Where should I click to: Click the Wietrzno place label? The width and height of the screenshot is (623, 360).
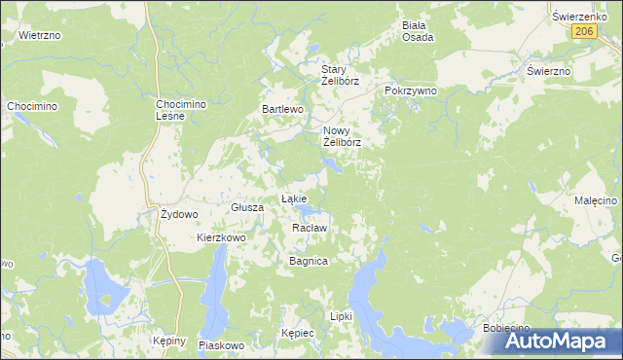click(x=40, y=35)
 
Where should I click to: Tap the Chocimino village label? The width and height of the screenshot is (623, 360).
click(x=31, y=105)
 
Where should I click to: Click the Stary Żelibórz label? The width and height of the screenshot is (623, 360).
click(x=341, y=75)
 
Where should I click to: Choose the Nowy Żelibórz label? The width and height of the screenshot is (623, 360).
click(x=342, y=136)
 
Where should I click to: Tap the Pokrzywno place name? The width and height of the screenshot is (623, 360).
click(x=411, y=90)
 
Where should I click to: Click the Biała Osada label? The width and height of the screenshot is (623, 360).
click(x=418, y=31)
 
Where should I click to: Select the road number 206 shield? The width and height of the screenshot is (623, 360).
click(x=583, y=31)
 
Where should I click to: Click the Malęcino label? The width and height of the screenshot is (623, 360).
click(x=596, y=200)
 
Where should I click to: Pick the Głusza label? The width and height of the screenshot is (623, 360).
click(x=248, y=207)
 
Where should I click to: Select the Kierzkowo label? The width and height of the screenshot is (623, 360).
click(x=221, y=237)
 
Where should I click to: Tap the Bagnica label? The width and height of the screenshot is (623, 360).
click(x=309, y=262)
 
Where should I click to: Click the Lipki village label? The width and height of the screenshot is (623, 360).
click(x=341, y=316)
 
